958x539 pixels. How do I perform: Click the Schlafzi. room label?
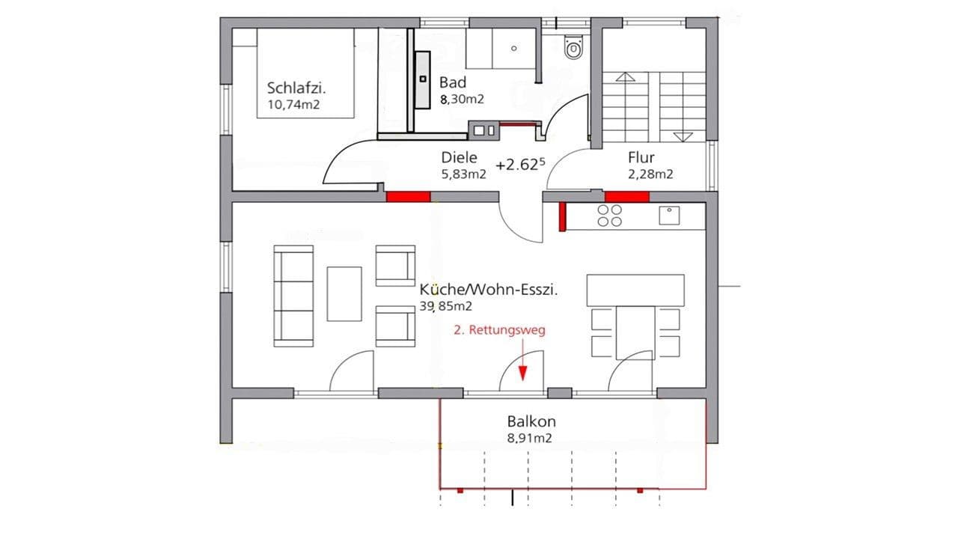297,88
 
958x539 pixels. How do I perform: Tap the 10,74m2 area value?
293,105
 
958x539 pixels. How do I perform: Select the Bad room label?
454,82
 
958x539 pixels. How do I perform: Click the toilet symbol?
573,49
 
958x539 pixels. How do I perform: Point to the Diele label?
458,158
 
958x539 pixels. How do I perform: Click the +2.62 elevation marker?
517,165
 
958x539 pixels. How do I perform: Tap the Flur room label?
641,158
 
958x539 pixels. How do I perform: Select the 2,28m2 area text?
650,174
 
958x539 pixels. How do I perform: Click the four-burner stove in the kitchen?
610,216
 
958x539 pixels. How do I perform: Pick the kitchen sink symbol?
669,216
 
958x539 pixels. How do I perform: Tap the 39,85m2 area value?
445,306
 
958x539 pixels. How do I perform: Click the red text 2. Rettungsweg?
500,330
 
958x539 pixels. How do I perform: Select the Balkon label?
531,421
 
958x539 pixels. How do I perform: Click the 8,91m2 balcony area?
529,439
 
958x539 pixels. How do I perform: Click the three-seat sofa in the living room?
293,296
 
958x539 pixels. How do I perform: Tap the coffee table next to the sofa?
344,293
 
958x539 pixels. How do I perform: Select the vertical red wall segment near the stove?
561,216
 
